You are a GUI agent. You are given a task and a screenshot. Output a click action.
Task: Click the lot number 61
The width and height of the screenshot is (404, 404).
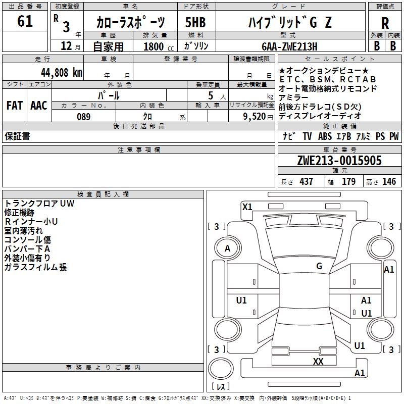pos(25,22)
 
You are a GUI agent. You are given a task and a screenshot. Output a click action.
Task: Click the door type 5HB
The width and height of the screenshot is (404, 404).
pos(195,23)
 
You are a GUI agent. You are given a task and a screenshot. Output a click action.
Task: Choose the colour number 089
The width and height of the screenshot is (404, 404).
pos(83,116)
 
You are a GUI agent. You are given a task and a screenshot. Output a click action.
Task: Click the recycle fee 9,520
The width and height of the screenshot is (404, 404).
pos(255,116)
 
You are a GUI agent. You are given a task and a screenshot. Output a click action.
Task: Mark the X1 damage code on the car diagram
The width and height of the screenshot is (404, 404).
pos(247,207)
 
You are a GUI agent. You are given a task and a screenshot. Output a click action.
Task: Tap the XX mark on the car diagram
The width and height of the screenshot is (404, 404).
pos(318,361)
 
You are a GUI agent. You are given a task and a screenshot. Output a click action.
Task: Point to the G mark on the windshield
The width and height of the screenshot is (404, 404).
pos(319,266)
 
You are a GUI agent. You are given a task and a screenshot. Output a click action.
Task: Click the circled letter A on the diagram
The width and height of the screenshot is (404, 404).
pos(228,248)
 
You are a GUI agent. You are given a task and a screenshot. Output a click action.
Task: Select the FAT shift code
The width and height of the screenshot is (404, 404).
pos(14,105)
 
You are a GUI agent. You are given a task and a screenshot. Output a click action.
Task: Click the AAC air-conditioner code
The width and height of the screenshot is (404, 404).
pos(38,105)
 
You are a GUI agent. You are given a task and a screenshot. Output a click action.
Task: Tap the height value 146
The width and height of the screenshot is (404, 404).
pos(389,181)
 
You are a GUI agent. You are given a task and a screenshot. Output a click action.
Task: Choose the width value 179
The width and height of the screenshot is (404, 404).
pos(349,181)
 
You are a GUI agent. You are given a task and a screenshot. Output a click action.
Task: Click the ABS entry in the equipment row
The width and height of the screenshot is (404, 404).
pos(325,136)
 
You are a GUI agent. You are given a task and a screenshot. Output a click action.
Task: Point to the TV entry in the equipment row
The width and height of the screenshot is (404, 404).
pos(307,136)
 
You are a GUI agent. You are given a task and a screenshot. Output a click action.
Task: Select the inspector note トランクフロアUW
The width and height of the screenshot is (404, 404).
pos(39,204)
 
